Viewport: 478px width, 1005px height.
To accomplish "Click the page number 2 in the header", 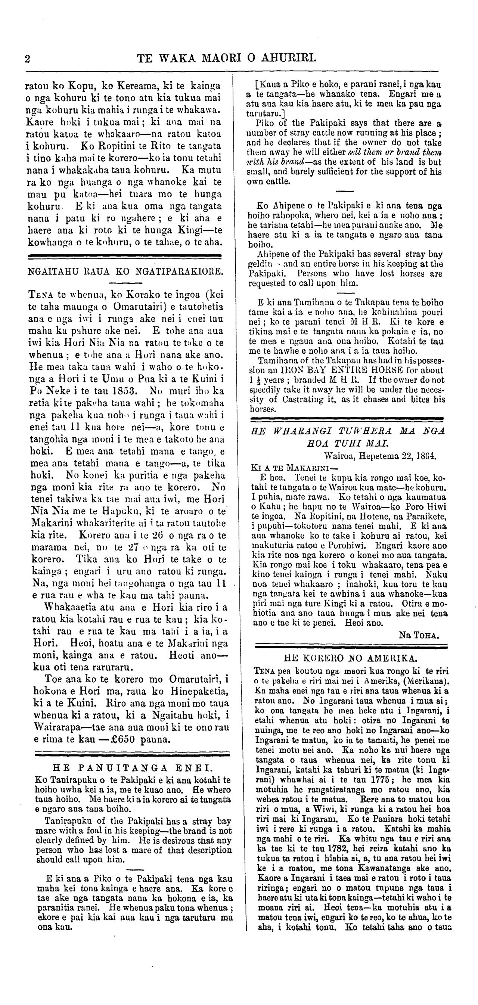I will tap(27, 59).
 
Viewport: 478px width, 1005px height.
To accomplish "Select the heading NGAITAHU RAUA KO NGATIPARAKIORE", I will tap(125, 272).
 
